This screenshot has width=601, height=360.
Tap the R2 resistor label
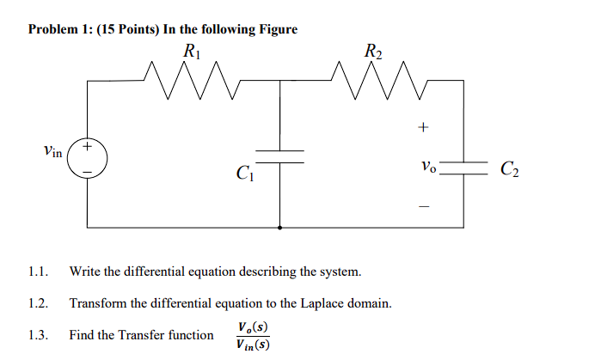tap(373, 51)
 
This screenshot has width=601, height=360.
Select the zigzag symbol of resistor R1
tap(192, 79)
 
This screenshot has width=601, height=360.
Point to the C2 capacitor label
tap(510, 169)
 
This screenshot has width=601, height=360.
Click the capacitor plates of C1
tap(282, 156)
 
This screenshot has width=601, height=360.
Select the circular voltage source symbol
tap(88, 158)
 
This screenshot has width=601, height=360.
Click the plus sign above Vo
tap(422, 128)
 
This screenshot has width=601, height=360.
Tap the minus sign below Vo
tap(422, 205)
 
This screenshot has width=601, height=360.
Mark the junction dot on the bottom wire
tap(282, 228)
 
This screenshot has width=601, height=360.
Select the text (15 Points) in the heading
tap(129, 29)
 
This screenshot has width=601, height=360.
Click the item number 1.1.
tap(36, 272)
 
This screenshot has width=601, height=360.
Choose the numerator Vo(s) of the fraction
tap(250, 326)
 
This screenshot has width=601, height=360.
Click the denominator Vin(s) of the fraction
tap(250, 345)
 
